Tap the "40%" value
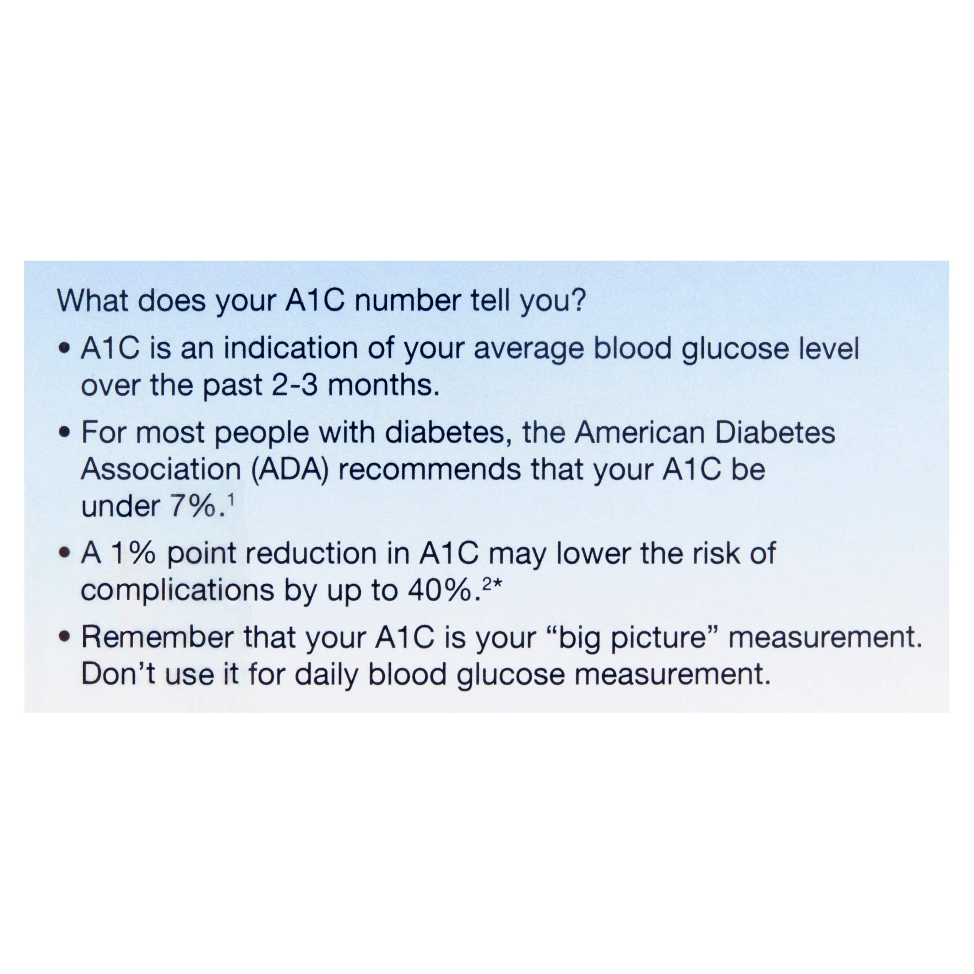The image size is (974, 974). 439,591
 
